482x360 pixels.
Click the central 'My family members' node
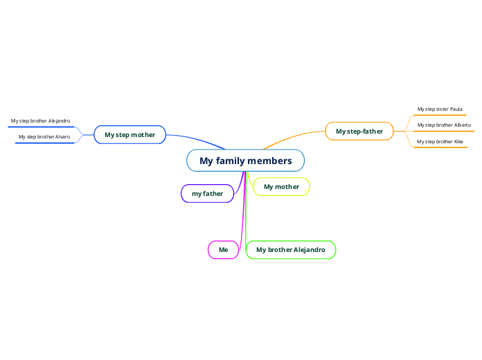tap(245, 161)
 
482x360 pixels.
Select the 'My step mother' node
tap(130, 134)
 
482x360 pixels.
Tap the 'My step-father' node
tap(359, 131)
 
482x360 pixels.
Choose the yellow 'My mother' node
tap(281, 187)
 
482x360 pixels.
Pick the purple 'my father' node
tap(207, 194)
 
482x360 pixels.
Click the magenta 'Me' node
tap(223, 249)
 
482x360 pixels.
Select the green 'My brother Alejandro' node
tap(290, 249)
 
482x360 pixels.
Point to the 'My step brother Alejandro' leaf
tap(40, 121)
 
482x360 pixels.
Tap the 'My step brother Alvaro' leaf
tap(44, 137)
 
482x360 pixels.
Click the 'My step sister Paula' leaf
tap(440, 109)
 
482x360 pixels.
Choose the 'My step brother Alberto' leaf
tap(443, 125)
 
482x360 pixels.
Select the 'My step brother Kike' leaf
tap(440, 141)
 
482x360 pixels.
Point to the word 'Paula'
tap(456, 109)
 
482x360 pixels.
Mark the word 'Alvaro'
tap(62, 137)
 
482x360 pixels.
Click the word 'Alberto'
tap(463, 125)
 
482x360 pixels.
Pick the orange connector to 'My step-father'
tap(294, 136)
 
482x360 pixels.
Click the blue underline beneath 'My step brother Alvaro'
tap(44, 143)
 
